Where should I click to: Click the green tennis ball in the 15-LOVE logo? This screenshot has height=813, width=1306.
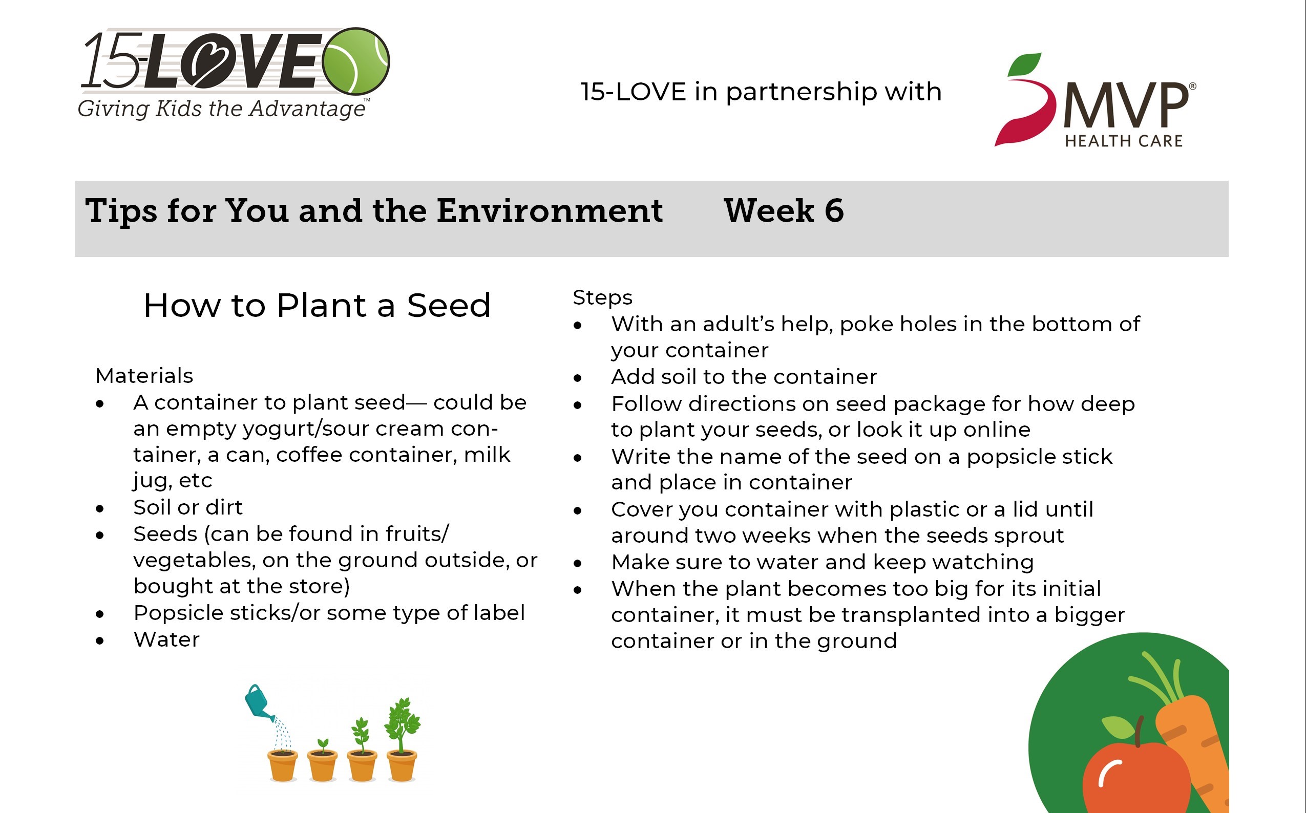(x=356, y=61)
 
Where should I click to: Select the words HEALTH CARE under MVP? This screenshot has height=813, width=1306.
(x=1124, y=141)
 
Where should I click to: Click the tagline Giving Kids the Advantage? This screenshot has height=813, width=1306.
(x=221, y=109)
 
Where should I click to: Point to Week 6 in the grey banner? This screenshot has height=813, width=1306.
(x=784, y=210)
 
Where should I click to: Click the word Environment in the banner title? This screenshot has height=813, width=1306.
(x=550, y=210)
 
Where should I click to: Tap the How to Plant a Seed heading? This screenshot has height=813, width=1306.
(x=317, y=306)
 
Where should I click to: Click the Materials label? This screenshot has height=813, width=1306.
(x=144, y=376)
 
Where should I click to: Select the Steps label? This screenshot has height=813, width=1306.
(x=602, y=297)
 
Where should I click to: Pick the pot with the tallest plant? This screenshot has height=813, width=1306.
(x=402, y=766)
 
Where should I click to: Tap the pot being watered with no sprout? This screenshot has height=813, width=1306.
(x=282, y=766)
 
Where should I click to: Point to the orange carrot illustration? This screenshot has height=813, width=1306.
(x=1194, y=742)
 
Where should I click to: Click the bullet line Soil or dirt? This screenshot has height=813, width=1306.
(x=188, y=507)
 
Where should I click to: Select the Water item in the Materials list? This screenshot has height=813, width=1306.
(x=166, y=640)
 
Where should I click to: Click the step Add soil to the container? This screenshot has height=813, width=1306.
(x=744, y=377)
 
